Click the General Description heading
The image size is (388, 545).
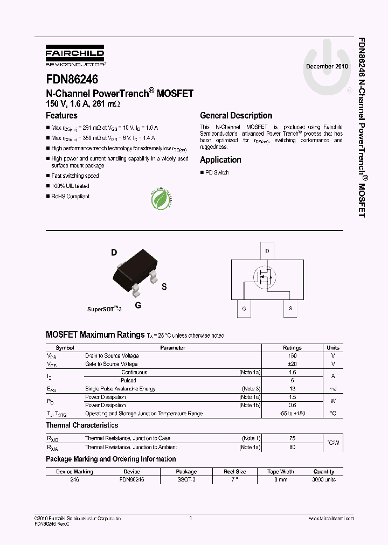tap(236, 116)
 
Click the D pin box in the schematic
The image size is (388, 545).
tap(266, 251)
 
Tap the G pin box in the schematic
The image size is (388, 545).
tap(244, 309)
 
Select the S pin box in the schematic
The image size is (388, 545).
tap(290, 309)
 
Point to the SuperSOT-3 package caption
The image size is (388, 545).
tap(105, 310)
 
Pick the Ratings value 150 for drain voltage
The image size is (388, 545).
tap(292, 356)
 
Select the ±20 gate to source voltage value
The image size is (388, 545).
tap(292, 364)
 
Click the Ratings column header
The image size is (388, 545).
tap(292, 348)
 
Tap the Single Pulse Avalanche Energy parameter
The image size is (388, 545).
tap(120, 389)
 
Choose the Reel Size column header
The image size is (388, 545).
tap(234, 472)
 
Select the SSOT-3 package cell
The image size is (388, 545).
tap(186, 479)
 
